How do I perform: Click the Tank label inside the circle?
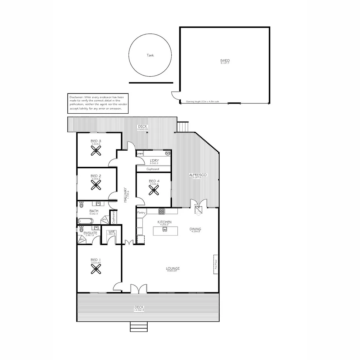150,56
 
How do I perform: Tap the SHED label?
225,61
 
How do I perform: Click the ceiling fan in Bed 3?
96,151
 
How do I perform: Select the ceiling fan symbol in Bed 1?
96,269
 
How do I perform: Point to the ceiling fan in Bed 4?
154,190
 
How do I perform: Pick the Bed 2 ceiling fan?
96,185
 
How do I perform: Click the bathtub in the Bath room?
86,221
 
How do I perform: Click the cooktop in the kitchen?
162,211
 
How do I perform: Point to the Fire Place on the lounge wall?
216,264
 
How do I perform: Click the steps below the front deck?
138,327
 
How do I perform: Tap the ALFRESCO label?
198,175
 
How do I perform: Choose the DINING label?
195,229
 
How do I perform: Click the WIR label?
111,232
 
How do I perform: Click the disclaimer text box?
98,103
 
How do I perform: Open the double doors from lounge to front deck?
138,289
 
